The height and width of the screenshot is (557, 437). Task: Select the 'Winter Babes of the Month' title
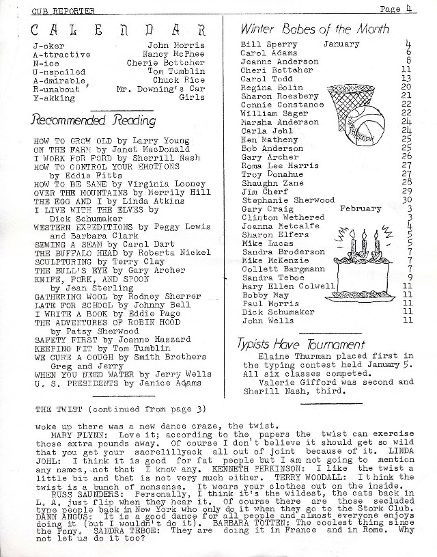pyautogui.click(x=315, y=29)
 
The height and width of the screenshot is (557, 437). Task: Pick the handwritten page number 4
pyautogui.click(x=424, y=9)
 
